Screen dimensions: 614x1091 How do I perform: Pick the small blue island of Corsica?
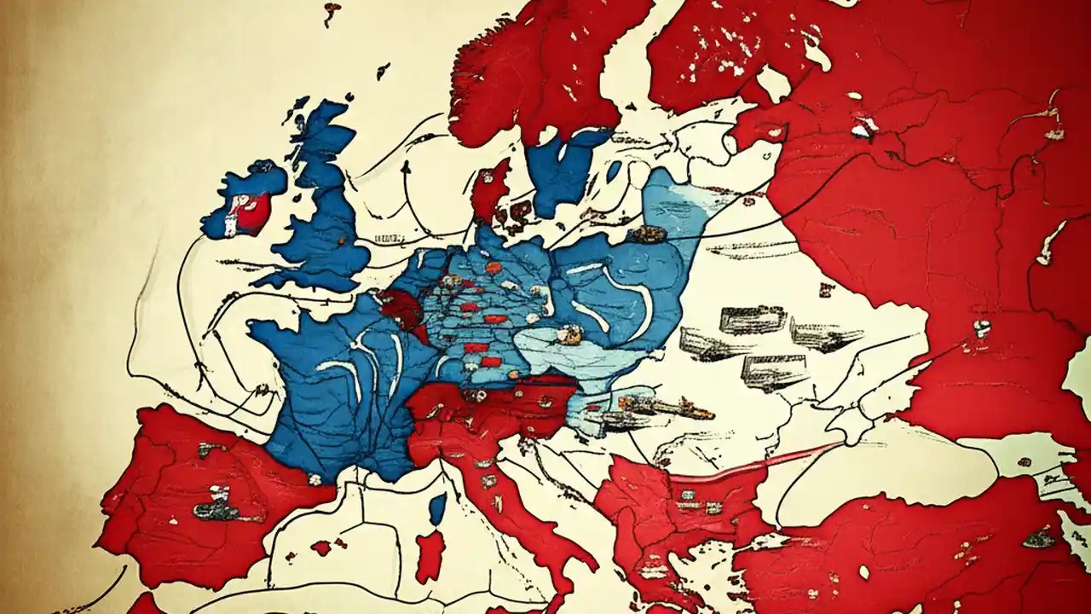pos(437,508)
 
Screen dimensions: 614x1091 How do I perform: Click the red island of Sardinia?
pos(430,554)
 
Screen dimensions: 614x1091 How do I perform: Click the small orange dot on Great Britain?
pos(340,241)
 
